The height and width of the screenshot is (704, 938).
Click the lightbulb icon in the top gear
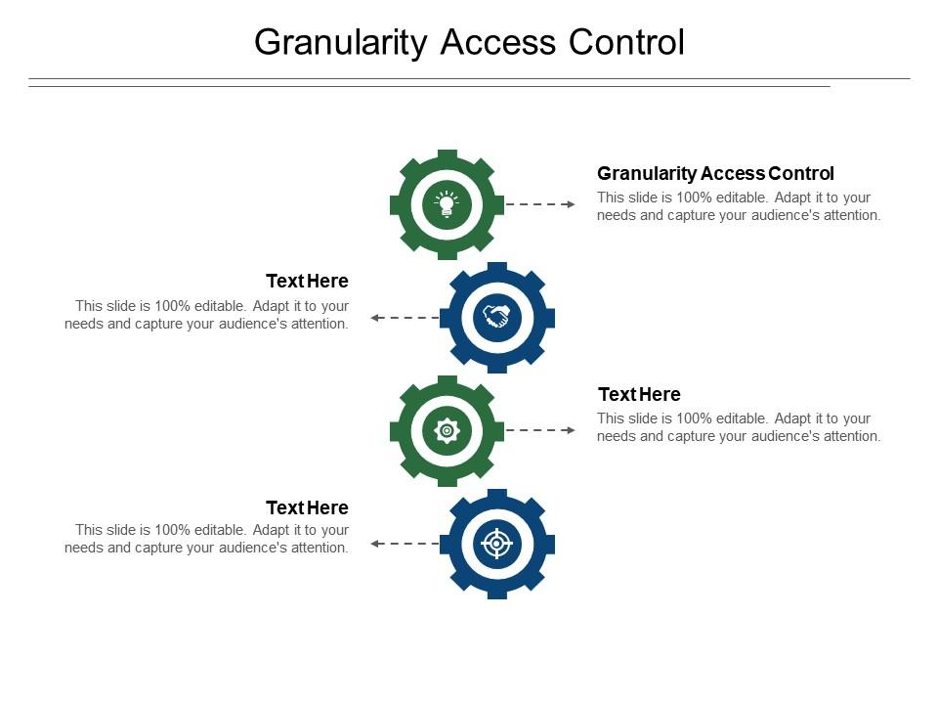pyautogui.click(x=447, y=204)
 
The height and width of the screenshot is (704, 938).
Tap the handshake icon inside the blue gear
pyautogui.click(x=496, y=317)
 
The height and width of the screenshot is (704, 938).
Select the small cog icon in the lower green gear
pyautogui.click(x=447, y=430)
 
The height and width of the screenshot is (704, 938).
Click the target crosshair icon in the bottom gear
pyautogui.click(x=496, y=543)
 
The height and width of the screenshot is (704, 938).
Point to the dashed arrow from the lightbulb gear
pyautogui.click(x=540, y=204)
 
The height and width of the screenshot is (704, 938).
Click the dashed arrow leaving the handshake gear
pyautogui.click(x=405, y=318)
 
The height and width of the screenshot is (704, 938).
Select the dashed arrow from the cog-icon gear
pyautogui.click(x=540, y=430)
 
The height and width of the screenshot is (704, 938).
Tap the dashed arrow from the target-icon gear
pyautogui.click(x=405, y=543)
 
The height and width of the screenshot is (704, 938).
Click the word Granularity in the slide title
pyautogui.click(x=341, y=43)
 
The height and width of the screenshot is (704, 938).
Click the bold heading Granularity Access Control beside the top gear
pyautogui.click(x=715, y=174)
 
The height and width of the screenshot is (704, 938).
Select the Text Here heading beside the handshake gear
pyautogui.click(x=307, y=282)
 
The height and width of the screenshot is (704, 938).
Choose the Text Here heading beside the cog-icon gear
pyautogui.click(x=639, y=394)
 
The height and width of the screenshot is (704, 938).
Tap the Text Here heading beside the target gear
pyautogui.click(x=307, y=507)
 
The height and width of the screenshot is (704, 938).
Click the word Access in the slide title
pyautogui.click(x=497, y=43)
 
